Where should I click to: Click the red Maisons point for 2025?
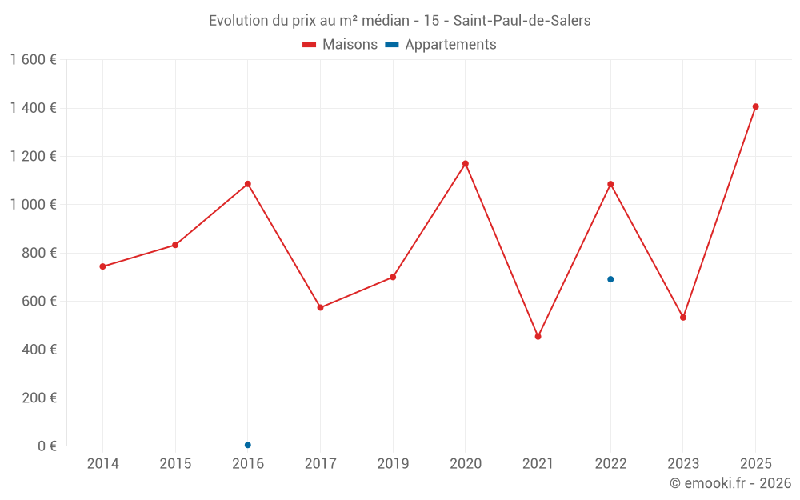tap(755, 106)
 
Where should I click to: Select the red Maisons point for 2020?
tap(466, 164)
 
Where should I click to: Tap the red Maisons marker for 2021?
tap(538, 337)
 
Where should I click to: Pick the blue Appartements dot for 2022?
tap(610, 279)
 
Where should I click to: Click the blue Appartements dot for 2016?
tap(248, 445)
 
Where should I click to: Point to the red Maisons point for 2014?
tap(102, 266)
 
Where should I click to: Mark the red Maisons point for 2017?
tap(320, 307)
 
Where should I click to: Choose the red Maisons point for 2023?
tap(683, 318)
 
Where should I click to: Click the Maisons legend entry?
tap(340, 45)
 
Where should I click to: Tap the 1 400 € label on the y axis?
tap(33, 108)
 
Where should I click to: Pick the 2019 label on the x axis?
tap(393, 464)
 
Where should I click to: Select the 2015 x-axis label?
tap(175, 464)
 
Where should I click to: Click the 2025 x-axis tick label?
tap(755, 464)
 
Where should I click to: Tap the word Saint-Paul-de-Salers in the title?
tap(522, 21)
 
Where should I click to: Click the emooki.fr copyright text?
tap(730, 483)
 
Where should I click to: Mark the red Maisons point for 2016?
tap(248, 184)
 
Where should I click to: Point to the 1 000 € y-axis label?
tap(33, 205)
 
